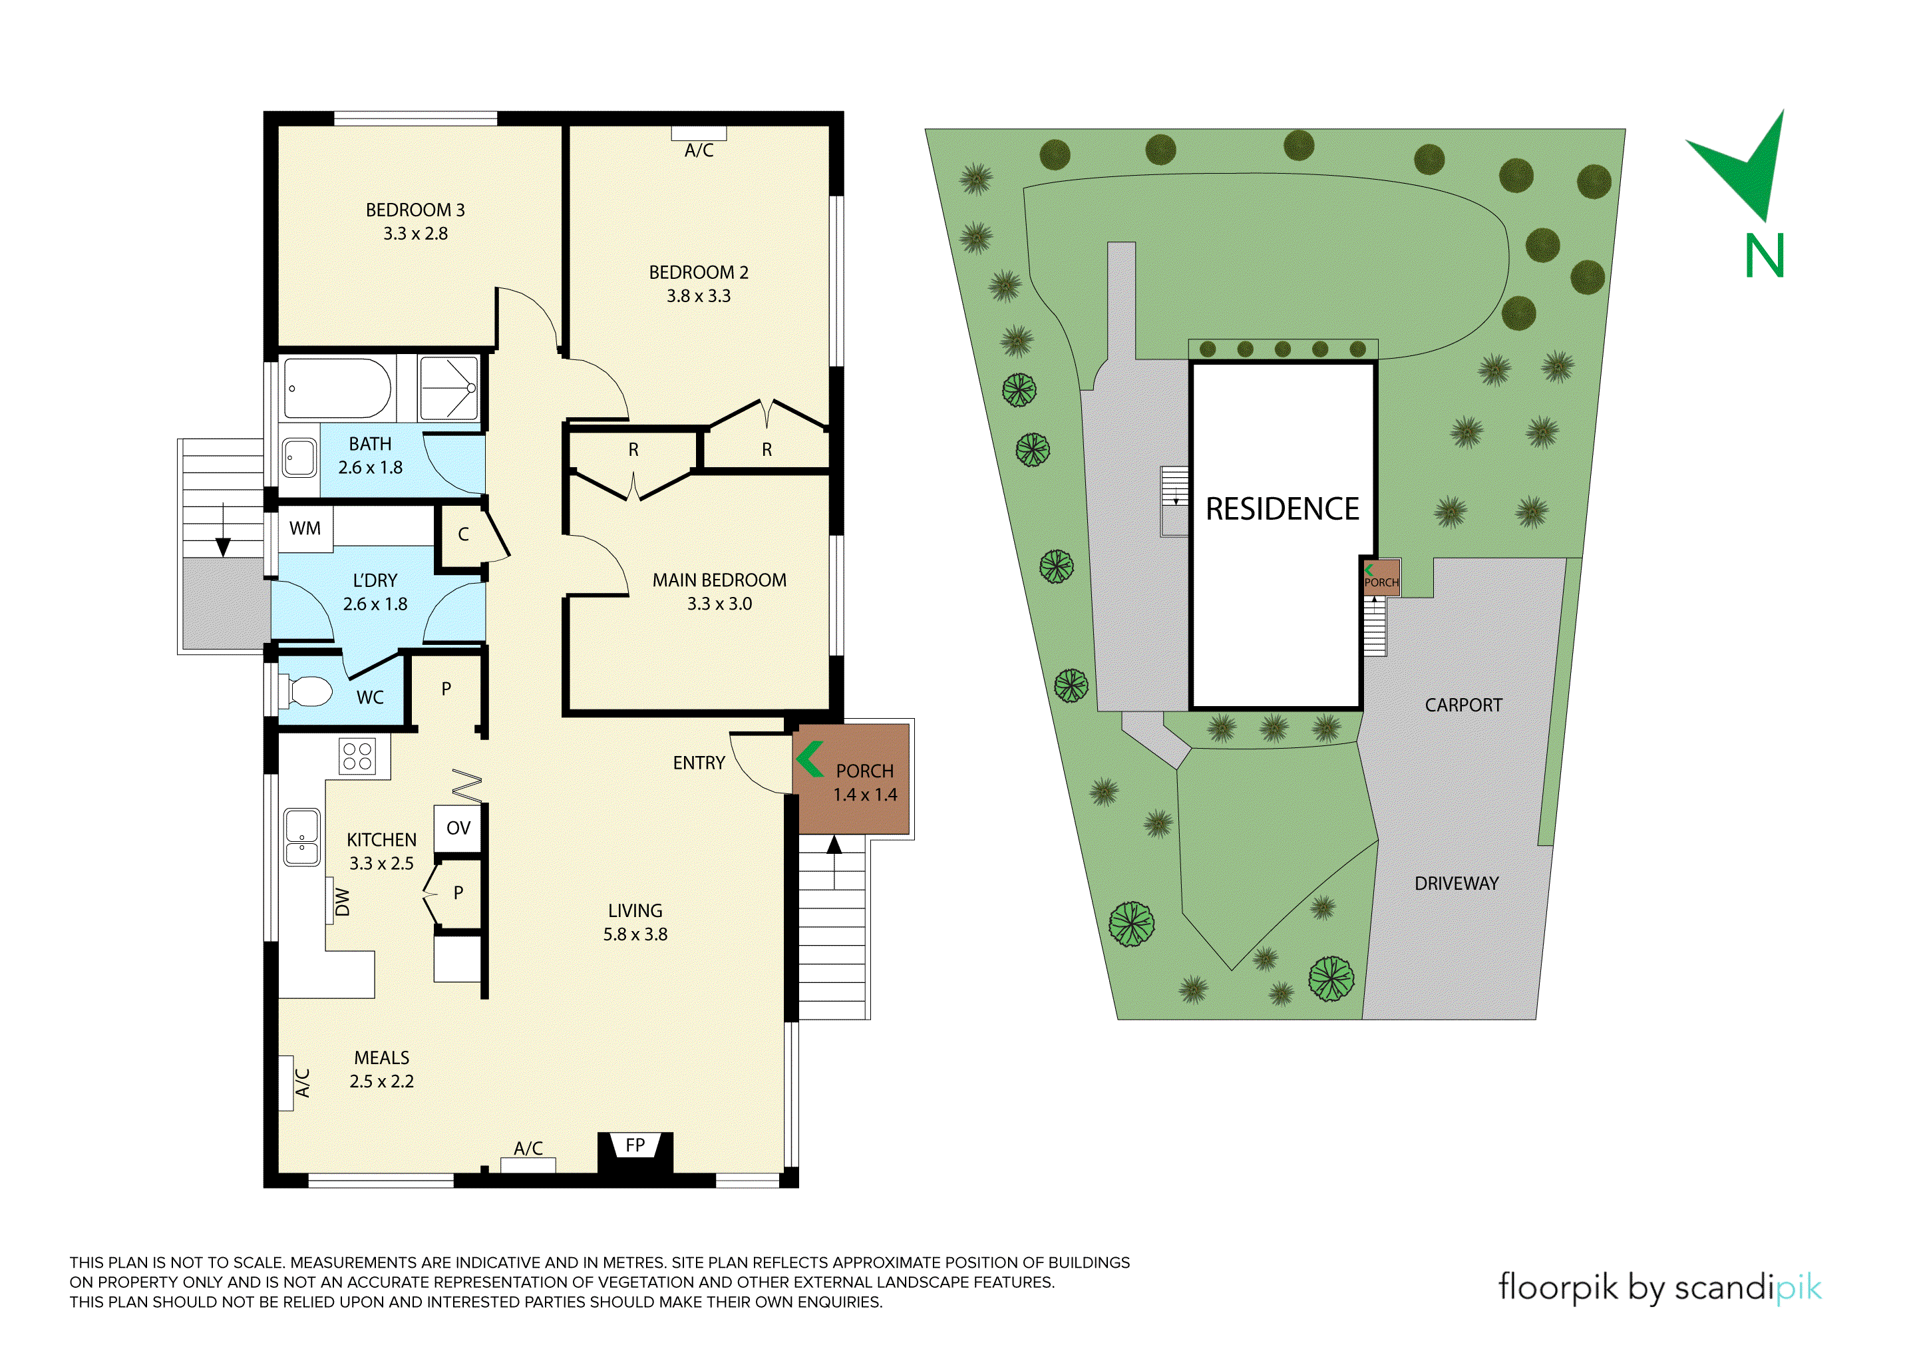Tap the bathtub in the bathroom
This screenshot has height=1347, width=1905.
[x=337, y=387]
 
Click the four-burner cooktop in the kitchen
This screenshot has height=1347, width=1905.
[x=357, y=755]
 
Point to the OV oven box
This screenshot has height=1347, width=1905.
[x=458, y=829]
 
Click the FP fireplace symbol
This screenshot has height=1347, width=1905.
[x=635, y=1146]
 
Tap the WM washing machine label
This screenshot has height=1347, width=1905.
[x=305, y=528]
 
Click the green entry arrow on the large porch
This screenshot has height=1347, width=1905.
[x=810, y=759]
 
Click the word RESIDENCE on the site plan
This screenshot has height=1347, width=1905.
[x=1282, y=508]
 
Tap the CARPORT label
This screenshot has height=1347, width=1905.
[x=1464, y=705]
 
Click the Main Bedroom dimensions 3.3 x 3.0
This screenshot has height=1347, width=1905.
[x=719, y=604]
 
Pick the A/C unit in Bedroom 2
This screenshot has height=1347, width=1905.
[x=699, y=134]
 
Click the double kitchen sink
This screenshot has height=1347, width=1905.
[x=302, y=837]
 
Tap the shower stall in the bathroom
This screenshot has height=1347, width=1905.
[x=449, y=387]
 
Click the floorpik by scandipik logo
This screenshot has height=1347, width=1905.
[x=1659, y=1287]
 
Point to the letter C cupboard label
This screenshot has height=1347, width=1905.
[x=463, y=534]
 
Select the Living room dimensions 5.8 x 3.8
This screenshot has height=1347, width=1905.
[x=635, y=934]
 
